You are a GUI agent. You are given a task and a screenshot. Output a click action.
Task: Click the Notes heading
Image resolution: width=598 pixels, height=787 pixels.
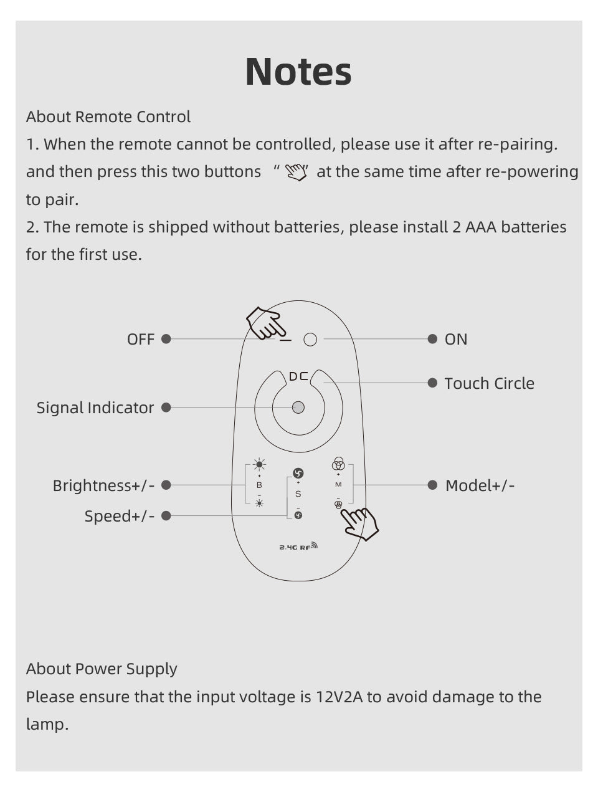[298, 71]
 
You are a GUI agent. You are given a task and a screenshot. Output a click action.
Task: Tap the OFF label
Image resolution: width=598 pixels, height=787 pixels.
[140, 339]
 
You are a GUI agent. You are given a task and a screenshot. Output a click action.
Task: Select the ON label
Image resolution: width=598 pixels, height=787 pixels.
[456, 339]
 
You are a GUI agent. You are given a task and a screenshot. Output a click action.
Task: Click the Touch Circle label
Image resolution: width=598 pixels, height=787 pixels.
[489, 383]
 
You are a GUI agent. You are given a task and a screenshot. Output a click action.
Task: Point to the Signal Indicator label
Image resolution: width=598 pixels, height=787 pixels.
[95, 408]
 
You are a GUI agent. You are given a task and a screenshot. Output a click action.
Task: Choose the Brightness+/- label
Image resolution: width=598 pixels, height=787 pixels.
[103, 485]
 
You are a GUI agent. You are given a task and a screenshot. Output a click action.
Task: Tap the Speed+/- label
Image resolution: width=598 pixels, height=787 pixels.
[120, 516]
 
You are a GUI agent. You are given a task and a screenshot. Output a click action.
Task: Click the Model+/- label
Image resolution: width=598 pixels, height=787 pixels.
[480, 485]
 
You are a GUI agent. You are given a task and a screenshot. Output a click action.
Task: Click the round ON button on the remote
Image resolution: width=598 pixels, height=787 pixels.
[310, 339]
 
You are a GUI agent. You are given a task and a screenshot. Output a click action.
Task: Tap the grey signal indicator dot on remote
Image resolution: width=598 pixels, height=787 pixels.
[298, 408]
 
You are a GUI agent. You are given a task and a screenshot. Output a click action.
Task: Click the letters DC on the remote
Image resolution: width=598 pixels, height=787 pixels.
[298, 376]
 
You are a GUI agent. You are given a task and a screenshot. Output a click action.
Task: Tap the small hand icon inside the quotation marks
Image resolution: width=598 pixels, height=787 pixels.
[297, 172]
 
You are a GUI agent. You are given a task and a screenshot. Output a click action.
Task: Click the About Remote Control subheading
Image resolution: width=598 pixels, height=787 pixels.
[108, 117]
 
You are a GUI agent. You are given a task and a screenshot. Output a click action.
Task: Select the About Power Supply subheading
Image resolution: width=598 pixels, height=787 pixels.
[102, 669]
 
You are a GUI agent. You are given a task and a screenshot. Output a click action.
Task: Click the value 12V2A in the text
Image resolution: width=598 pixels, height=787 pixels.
[338, 697]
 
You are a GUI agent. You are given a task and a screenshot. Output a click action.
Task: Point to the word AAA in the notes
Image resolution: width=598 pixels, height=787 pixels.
[481, 227]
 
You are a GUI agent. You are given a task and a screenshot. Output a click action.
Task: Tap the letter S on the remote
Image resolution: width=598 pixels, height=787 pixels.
[298, 494]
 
